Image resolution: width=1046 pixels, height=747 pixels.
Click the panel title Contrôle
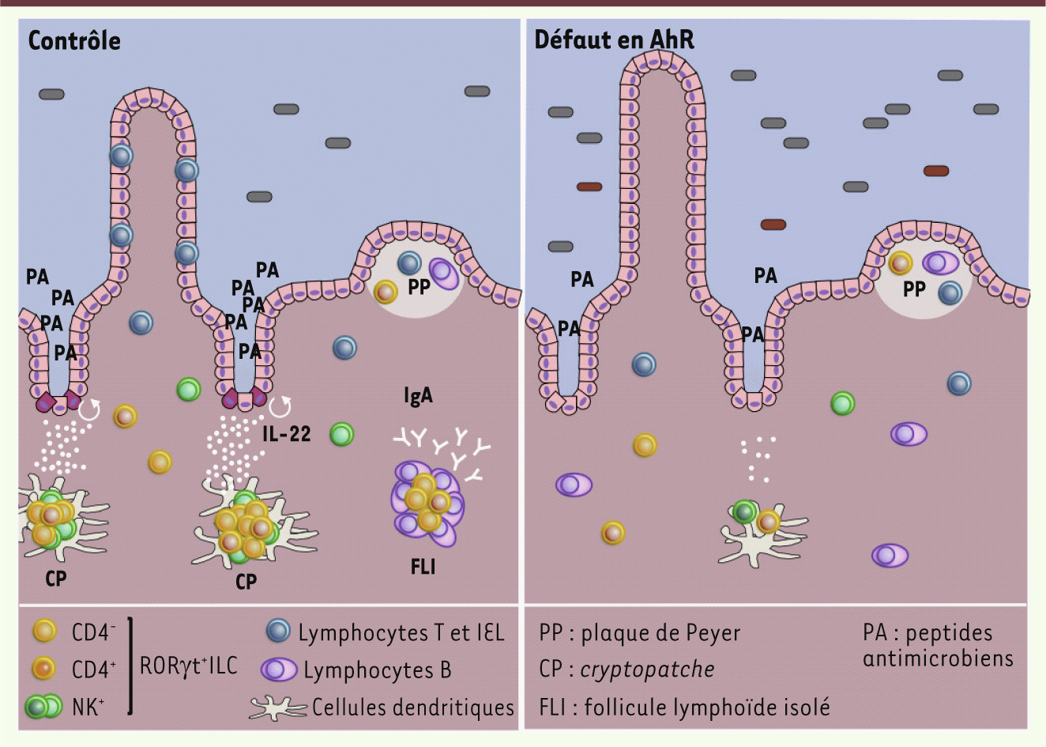74,40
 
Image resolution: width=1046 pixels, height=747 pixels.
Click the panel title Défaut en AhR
614,40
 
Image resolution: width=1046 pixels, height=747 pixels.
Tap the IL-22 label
286,434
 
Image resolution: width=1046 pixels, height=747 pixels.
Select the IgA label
418,396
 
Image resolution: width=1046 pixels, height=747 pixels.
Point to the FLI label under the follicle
423,567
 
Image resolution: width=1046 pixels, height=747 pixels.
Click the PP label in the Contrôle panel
419,286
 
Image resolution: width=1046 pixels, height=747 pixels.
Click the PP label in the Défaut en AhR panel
914,289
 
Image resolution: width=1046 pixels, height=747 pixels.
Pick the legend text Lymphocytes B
378,670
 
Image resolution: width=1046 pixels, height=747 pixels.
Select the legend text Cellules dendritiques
413,707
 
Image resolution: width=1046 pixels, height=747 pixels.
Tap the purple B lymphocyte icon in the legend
279,670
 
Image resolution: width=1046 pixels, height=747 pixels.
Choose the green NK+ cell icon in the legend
43,706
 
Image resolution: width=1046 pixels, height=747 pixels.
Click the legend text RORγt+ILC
188,666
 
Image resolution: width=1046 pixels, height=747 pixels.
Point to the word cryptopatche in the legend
647,670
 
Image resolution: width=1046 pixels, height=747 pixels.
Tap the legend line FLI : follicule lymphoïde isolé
685,707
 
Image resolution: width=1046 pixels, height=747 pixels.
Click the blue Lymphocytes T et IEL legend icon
278,631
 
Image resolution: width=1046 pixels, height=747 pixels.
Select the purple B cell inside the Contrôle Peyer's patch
444,274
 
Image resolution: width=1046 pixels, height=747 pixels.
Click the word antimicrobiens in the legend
938,658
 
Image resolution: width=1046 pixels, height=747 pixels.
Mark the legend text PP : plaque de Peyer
640,633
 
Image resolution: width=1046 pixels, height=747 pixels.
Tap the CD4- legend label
93,632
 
